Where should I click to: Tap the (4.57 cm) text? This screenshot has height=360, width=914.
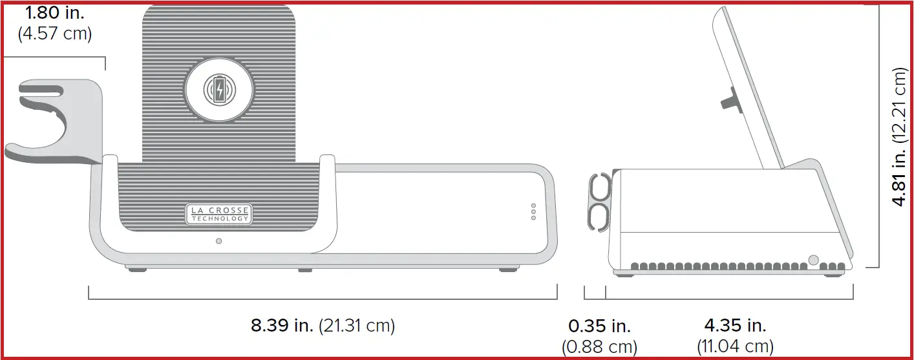(x=54, y=33)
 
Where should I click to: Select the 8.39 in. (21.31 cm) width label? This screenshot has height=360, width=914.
(x=323, y=325)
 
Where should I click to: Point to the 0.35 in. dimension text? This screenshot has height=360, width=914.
(x=599, y=326)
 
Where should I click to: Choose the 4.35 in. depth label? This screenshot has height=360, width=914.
(x=735, y=326)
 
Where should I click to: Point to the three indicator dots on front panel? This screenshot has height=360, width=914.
(x=533, y=212)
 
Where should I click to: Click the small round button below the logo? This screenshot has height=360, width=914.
(x=218, y=241)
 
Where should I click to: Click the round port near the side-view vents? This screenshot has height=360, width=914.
(x=813, y=260)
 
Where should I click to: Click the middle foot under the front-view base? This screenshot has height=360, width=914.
(x=305, y=270)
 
